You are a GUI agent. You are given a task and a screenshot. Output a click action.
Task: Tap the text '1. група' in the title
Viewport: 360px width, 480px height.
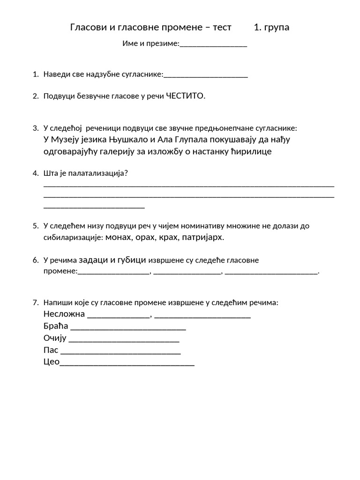coord(271,27)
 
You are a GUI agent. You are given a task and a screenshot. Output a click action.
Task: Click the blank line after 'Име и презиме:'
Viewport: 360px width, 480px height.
coord(213,45)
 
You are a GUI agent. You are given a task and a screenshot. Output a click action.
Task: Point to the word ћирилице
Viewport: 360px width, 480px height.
coord(252,151)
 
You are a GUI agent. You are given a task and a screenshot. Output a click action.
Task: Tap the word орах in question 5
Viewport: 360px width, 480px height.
coord(144,237)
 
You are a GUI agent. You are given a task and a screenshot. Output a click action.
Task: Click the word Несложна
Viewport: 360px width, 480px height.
coord(64,314)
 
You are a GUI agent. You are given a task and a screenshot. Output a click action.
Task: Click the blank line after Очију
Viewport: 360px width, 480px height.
coord(124,339)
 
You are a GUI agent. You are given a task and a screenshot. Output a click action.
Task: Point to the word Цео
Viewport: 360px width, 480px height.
coord(51,362)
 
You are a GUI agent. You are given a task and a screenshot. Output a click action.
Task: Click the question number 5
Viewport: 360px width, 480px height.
coord(35,226)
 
